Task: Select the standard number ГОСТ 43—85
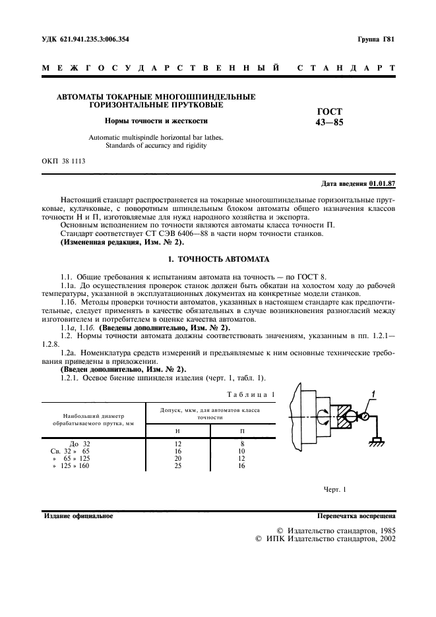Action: (330, 117)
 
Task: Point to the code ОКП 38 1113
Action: (63, 160)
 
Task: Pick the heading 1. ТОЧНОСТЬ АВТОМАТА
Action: (218, 259)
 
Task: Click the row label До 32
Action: (80, 444)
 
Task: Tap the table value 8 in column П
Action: (242, 444)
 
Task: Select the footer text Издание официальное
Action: (78, 516)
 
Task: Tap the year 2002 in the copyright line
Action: (385, 539)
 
